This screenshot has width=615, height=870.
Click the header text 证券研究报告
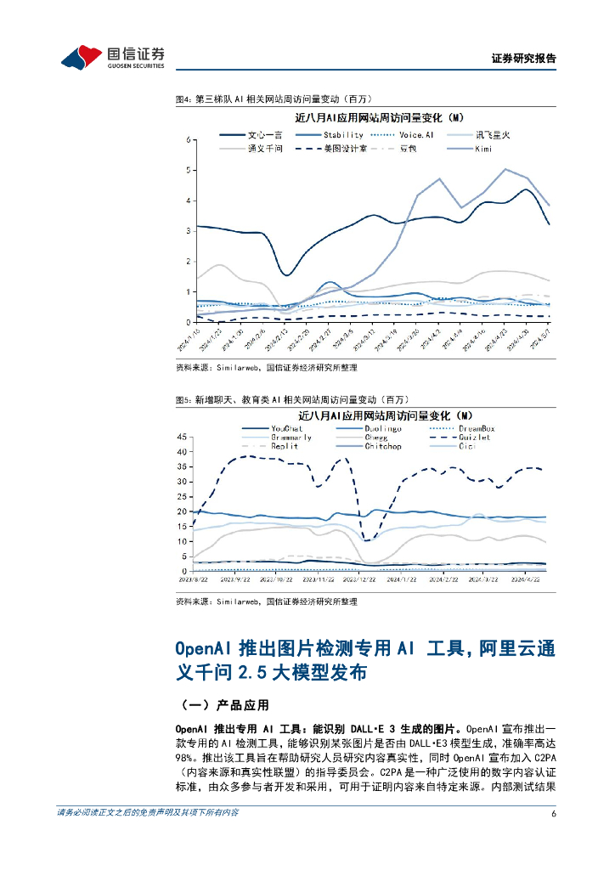pos(524,59)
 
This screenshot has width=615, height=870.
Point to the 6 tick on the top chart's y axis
pos(188,139)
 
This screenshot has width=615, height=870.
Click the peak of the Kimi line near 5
pos(506,169)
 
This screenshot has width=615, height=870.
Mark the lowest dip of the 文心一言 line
pos(287,274)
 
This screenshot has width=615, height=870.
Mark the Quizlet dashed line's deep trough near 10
pos(366,540)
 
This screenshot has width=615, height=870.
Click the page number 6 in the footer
pos(553,813)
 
